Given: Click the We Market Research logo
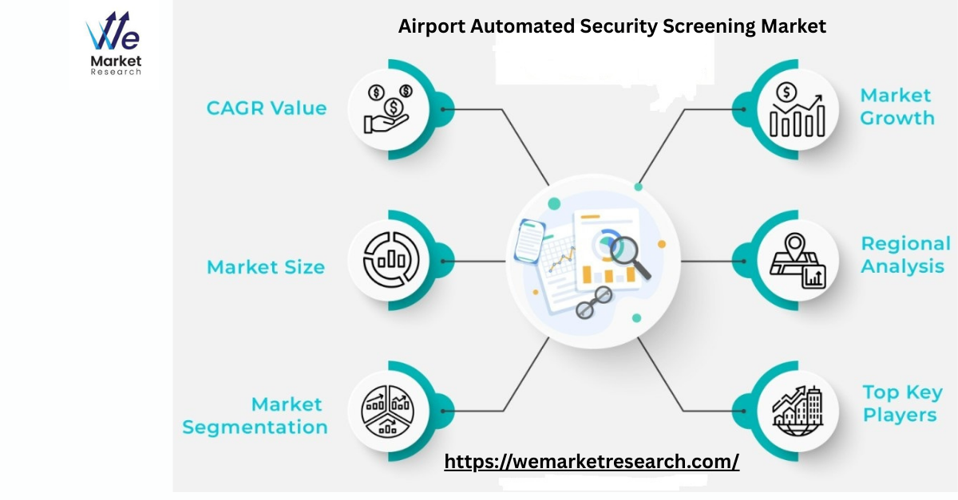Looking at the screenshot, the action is pos(113,43).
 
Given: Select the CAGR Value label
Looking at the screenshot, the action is pos(267,108).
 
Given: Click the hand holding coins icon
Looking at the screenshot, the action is pos(387,109).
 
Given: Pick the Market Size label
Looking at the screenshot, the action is pos(266,267).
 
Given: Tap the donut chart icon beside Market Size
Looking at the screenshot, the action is pos(390,259).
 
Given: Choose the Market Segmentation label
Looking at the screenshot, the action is pos(255,415).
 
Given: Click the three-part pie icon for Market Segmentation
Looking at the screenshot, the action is pos(387,411).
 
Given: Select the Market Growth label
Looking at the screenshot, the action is pos(897,106).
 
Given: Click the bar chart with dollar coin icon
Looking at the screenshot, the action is pos(798,110).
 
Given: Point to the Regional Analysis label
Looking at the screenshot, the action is pos(905,254).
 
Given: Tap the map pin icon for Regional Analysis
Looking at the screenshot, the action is pos(798,260).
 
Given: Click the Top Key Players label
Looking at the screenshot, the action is pos(902,404).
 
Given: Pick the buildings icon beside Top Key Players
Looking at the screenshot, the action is pos(798,411).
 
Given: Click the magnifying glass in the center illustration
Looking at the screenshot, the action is pos(630,258).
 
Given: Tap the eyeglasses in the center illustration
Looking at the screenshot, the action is pos(594,302).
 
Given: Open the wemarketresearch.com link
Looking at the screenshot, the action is pos(592,462).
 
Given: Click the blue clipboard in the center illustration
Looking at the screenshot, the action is pos(529,241).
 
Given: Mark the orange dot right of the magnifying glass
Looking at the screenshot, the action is pos(662,244).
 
